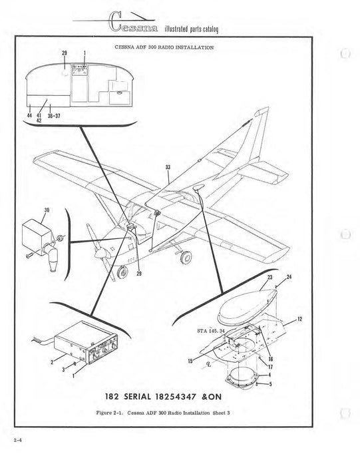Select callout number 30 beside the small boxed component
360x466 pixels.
point(47,212)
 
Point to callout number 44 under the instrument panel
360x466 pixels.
point(29,115)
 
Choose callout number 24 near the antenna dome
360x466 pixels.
point(288,277)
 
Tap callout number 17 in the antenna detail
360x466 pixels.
point(271,365)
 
